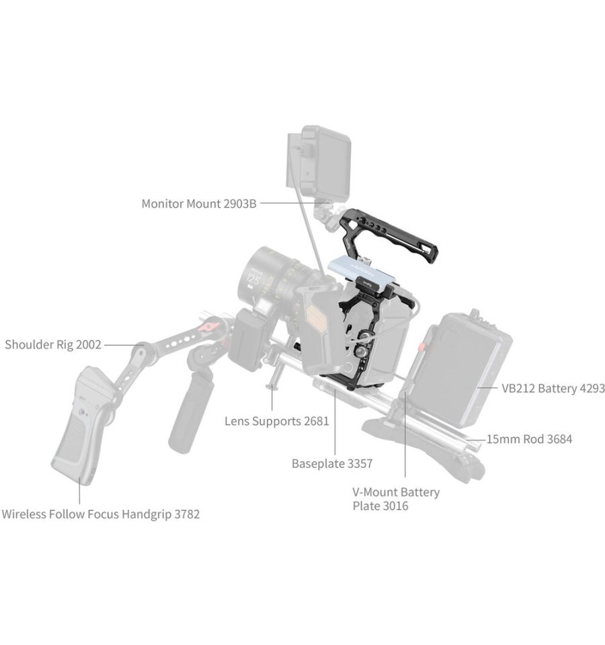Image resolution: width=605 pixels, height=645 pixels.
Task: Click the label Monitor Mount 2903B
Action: click(x=199, y=204)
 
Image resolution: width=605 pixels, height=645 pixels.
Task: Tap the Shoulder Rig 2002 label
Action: click(x=53, y=344)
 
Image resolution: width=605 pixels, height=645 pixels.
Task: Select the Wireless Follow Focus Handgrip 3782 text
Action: click(x=101, y=515)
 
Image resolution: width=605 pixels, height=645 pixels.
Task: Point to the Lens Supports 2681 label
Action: click(x=276, y=421)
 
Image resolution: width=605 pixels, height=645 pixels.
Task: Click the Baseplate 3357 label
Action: click(x=332, y=463)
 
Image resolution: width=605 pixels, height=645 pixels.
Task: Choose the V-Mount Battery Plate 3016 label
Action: click(x=396, y=499)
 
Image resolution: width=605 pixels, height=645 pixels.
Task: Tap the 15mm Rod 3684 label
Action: click(x=530, y=439)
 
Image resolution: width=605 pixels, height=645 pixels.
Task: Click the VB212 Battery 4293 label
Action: click(x=553, y=388)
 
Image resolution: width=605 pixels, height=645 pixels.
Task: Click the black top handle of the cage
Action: click(x=389, y=235)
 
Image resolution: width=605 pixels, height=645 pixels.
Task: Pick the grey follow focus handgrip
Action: click(x=82, y=424)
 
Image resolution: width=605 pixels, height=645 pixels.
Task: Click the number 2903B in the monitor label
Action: click(x=241, y=204)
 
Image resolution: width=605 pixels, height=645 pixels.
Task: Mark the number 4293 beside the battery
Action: click(x=591, y=388)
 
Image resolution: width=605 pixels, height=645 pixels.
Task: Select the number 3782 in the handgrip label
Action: click(x=187, y=515)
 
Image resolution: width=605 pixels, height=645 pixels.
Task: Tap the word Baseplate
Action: click(x=318, y=463)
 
